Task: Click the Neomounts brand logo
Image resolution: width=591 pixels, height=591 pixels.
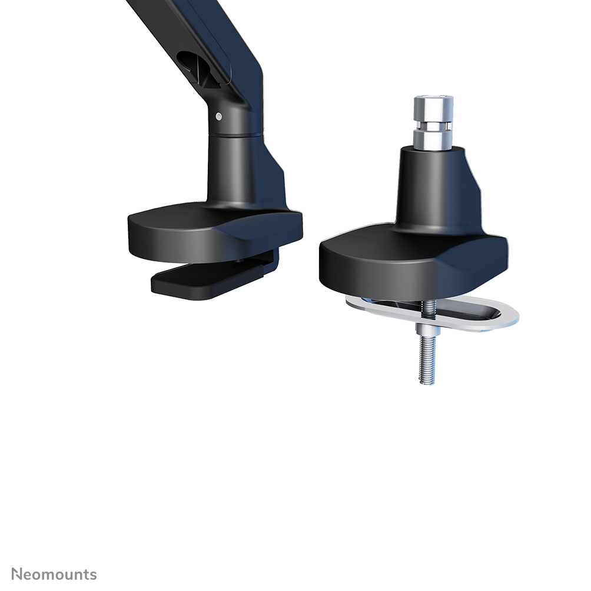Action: pyautogui.click(x=54, y=574)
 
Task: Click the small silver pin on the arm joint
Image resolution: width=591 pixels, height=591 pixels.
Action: pyautogui.click(x=219, y=117)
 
